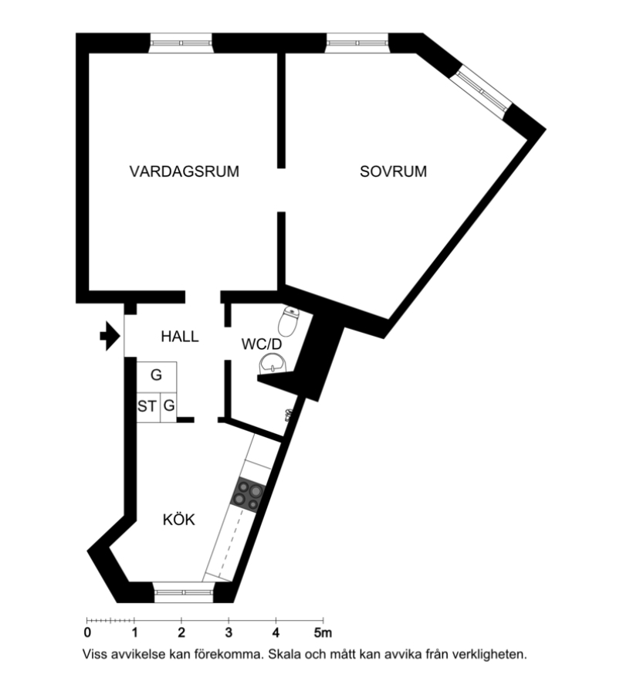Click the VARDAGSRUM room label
pyautogui.click(x=184, y=171)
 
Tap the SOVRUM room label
pyautogui.click(x=393, y=171)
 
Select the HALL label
pyautogui.click(x=179, y=337)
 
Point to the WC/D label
pyautogui.click(x=262, y=344)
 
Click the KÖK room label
pyautogui.click(x=178, y=519)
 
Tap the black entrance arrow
pyautogui.click(x=110, y=336)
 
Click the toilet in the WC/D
pyautogui.click(x=289, y=320)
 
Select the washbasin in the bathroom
pyautogui.click(x=273, y=364)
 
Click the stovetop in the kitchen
pyautogui.click(x=248, y=495)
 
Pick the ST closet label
pyautogui.click(x=147, y=406)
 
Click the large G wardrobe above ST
pyautogui.click(x=157, y=375)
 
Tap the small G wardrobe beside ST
pyautogui.click(x=169, y=405)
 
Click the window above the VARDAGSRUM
pyautogui.click(x=181, y=43)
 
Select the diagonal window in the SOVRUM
pyautogui.click(x=481, y=92)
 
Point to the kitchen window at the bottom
pyautogui.click(x=184, y=592)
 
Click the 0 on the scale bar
pyautogui.click(x=87, y=632)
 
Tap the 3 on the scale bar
pyautogui.click(x=229, y=632)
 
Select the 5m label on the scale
pyautogui.click(x=323, y=632)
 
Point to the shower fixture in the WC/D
pyautogui.click(x=288, y=415)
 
